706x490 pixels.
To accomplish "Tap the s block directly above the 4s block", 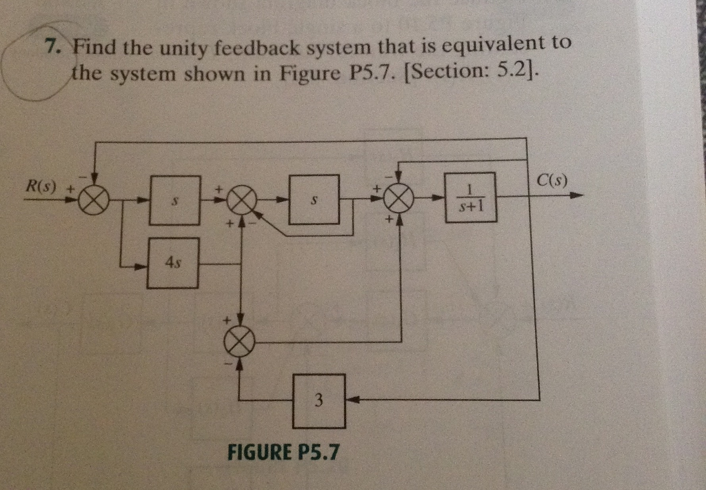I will click(x=175, y=199).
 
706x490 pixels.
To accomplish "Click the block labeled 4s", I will click(x=173, y=264).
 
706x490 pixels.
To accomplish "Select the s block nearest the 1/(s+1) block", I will click(x=314, y=199).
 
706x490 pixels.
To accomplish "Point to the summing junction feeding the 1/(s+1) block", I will click(x=399, y=199).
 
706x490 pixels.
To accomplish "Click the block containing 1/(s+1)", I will click(x=470, y=197).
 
